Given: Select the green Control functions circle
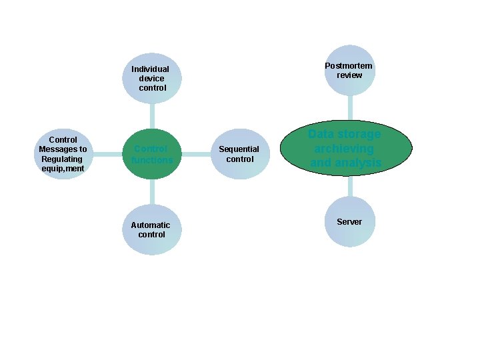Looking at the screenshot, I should (x=152, y=154).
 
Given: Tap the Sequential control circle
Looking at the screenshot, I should (x=239, y=154).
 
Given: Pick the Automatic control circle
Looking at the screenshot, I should (x=152, y=229).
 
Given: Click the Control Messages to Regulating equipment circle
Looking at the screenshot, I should (x=63, y=154).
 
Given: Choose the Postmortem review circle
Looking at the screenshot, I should (x=349, y=71).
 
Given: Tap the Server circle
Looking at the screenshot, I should (x=349, y=221).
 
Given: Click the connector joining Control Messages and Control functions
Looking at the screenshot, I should (x=107, y=154).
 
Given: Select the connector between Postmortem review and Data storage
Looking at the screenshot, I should (x=349, y=107).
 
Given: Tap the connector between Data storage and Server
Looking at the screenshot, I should (x=349, y=186).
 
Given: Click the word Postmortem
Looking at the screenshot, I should (x=349, y=66).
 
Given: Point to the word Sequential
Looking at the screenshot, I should (x=239, y=149).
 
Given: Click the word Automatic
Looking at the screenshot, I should (x=151, y=225).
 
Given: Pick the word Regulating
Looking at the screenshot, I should (x=62, y=159).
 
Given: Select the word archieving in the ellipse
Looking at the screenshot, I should (x=345, y=148).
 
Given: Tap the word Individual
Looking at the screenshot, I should (x=151, y=69).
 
